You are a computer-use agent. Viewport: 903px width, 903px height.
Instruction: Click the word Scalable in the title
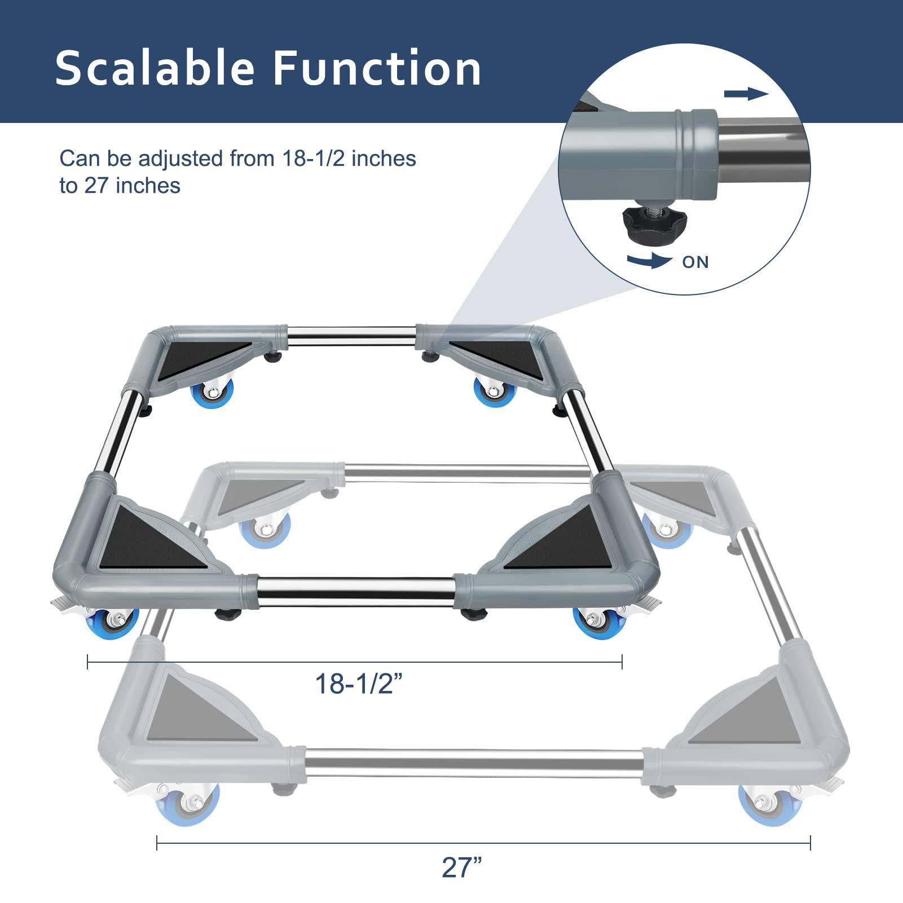click(x=155, y=68)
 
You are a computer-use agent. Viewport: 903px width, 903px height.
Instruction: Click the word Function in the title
click(x=377, y=68)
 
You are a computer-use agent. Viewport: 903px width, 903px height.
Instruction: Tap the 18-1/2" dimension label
click(x=359, y=684)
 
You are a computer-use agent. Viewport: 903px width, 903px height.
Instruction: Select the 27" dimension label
click(x=462, y=867)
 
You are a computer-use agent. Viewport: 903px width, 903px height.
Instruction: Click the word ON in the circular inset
click(x=695, y=262)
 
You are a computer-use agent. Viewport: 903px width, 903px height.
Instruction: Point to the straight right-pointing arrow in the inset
click(x=746, y=94)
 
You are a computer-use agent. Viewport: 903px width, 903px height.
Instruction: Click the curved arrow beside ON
click(x=649, y=260)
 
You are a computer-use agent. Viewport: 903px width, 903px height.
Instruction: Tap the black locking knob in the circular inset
click(x=644, y=221)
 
